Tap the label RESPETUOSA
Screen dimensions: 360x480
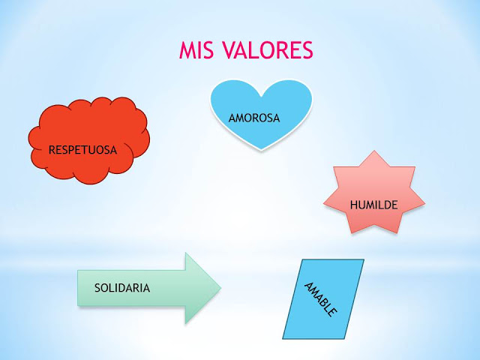tap(82, 150)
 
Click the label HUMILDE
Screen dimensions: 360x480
tap(373, 204)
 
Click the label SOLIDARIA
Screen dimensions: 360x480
tap(122, 287)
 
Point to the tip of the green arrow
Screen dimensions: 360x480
tap(221, 288)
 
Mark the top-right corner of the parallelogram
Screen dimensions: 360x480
tap(364, 259)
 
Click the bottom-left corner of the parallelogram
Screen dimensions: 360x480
tap(283, 339)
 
